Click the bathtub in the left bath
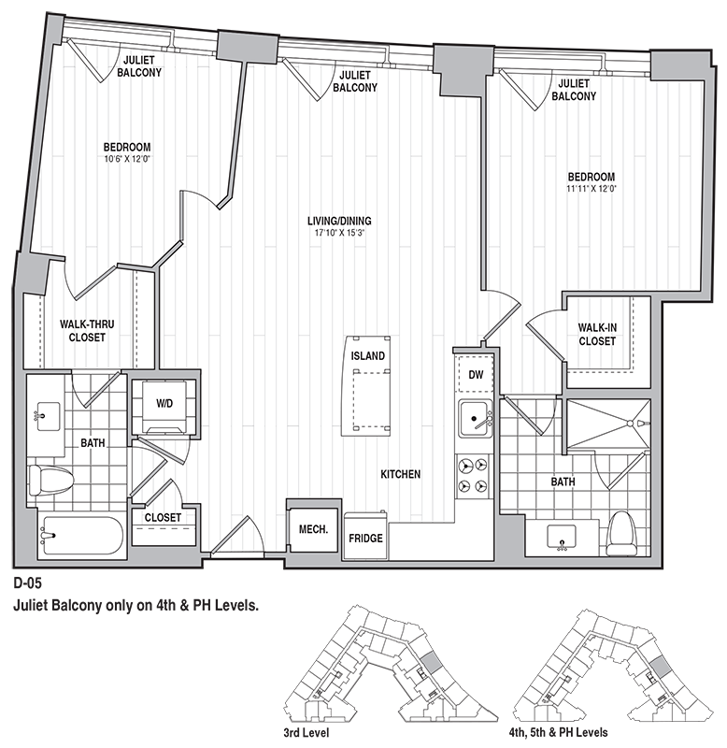point(81,535)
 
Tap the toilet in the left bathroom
point(50,479)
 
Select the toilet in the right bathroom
point(621,533)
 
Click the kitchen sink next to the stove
point(476,418)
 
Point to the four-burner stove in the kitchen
point(473,475)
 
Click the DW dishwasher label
point(476,375)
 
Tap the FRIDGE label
point(365,539)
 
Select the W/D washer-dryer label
point(164,404)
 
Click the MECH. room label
point(313,529)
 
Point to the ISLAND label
point(367,356)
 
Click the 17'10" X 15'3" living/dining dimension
point(339,233)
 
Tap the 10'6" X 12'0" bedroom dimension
point(127,159)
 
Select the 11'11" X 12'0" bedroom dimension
point(592,189)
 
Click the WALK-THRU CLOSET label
point(87,331)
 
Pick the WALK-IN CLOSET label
point(597,335)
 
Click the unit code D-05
point(28,583)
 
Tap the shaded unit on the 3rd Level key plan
point(430,663)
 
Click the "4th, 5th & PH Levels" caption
point(558,732)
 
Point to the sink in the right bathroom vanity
point(562,537)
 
